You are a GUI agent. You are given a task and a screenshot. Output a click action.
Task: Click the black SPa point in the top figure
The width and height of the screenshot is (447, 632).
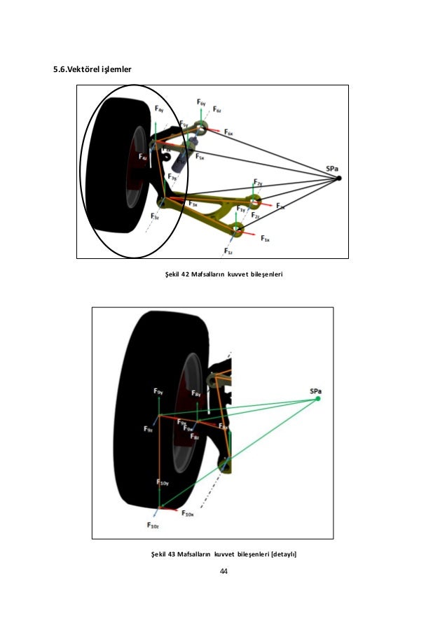(338, 178)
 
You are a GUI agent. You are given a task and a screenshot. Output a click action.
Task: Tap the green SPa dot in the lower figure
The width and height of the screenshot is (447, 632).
(318, 398)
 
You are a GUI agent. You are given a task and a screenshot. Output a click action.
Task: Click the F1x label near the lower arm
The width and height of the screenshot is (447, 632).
(266, 239)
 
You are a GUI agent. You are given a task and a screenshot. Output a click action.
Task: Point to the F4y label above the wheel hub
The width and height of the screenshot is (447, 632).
(159, 110)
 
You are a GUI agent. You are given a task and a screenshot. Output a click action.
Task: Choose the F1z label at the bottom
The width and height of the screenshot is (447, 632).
(228, 251)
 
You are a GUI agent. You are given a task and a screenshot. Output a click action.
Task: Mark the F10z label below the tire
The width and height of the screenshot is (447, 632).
(153, 526)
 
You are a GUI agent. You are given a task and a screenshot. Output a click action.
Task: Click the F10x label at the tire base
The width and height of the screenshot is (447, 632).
(187, 514)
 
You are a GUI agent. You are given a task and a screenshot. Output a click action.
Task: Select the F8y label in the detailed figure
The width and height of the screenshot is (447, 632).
(198, 395)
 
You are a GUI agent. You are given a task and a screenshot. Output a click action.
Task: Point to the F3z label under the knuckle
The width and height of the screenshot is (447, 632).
(155, 218)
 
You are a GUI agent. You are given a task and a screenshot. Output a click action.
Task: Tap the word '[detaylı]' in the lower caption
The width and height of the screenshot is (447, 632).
(282, 554)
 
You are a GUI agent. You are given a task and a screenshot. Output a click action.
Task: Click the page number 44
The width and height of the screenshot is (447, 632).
(224, 572)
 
